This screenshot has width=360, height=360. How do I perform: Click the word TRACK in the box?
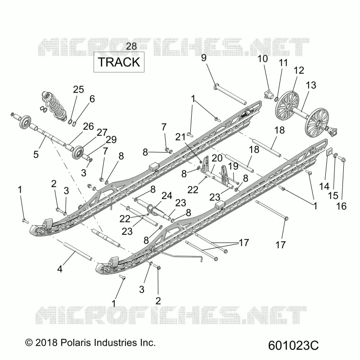tap(119, 62)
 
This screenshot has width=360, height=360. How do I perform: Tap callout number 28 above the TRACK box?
tap(131, 46)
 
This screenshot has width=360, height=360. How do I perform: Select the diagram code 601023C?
tap(293, 345)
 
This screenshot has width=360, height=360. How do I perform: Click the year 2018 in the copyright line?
tap(46, 342)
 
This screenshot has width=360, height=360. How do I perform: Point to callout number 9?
tap(204, 58)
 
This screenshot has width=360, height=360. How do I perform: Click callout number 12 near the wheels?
tap(299, 70)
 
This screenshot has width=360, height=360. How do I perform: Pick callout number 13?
tap(311, 85)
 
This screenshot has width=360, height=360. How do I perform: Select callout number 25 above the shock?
tap(78, 89)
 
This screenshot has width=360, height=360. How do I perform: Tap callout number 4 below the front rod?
tap(60, 269)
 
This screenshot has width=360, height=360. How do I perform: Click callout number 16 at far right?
tap(342, 206)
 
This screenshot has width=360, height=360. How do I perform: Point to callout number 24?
tap(167, 196)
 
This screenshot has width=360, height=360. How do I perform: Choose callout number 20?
tap(217, 158)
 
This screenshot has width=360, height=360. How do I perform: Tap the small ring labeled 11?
tap(277, 99)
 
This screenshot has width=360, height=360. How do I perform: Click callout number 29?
tap(111, 139)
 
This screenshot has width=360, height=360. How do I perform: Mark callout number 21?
tap(180, 137)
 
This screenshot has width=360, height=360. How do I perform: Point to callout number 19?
tap(233, 166)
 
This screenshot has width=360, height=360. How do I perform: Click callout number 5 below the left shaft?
tap(36, 154)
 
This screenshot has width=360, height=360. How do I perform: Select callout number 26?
tap(88, 126)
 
